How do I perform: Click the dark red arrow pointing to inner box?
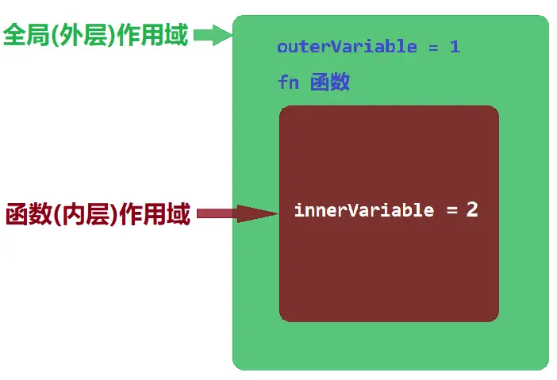click(x=234, y=213)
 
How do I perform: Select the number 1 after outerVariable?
click(x=455, y=47)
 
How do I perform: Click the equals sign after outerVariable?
click(x=433, y=47)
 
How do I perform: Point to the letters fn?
click(x=288, y=83)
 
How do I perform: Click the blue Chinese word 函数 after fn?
click(x=330, y=83)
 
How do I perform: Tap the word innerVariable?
click(x=364, y=210)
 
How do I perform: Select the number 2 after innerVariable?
click(x=472, y=209)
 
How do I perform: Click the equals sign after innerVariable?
click(x=451, y=211)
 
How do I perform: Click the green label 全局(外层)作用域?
click(x=96, y=36)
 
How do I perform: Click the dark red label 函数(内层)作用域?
click(x=98, y=214)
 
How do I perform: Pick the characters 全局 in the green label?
click(x=23, y=36)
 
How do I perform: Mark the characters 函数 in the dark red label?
click(x=24, y=214)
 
